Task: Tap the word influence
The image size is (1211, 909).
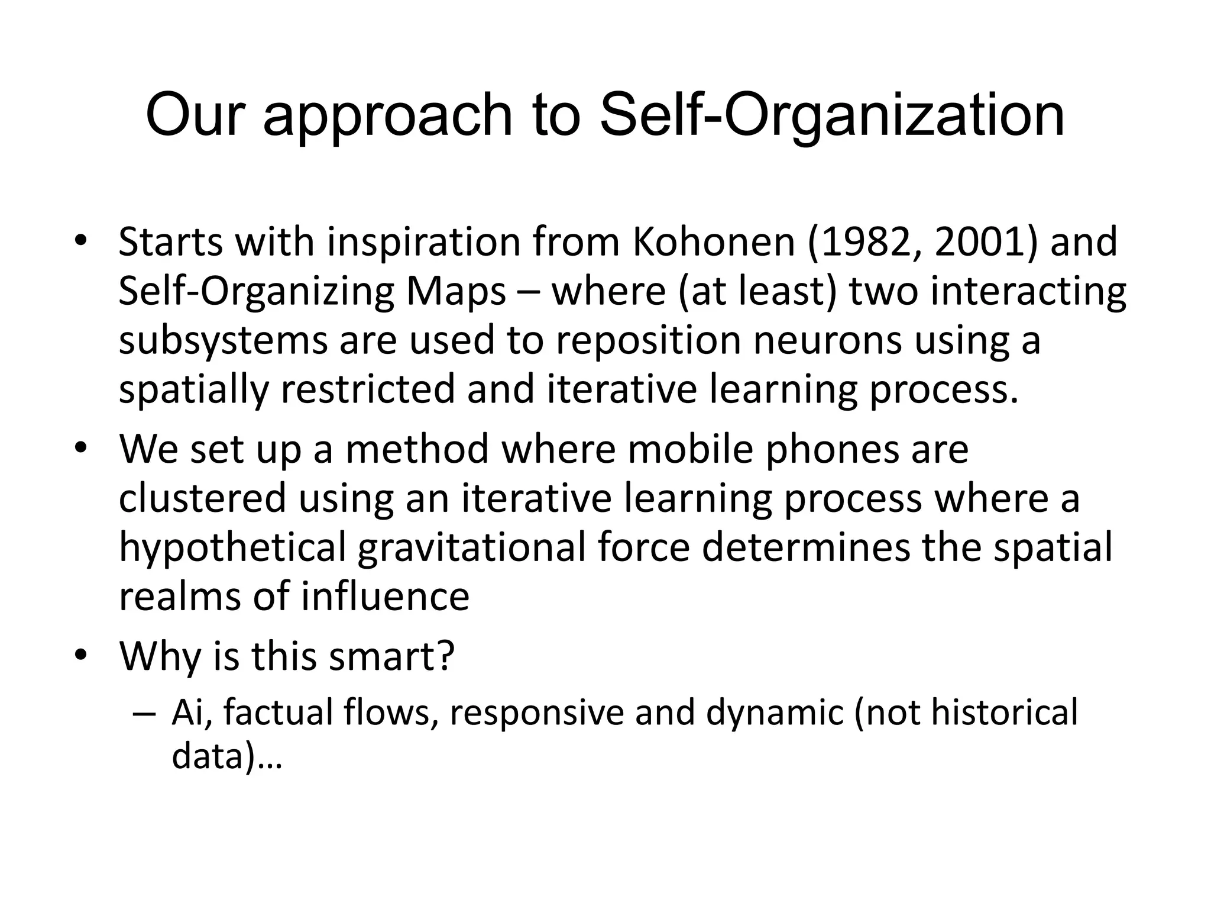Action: pyautogui.click(x=385, y=596)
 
